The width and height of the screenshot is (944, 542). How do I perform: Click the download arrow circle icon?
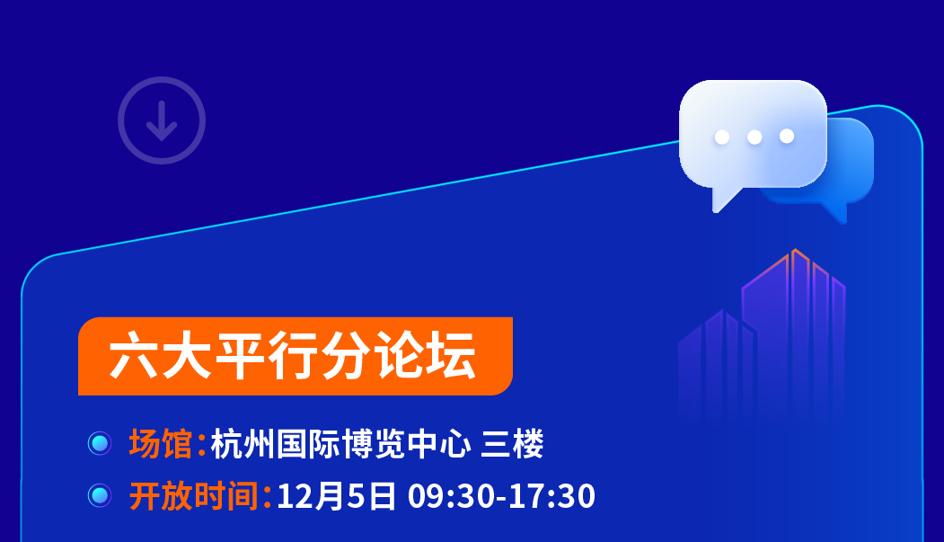pyautogui.click(x=162, y=120)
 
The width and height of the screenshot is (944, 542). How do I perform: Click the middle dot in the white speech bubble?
pyautogui.click(x=754, y=137)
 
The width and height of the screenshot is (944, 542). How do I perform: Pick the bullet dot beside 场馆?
pyautogui.click(x=100, y=444)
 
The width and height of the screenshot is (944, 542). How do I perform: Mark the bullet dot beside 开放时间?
pyautogui.click(x=100, y=495)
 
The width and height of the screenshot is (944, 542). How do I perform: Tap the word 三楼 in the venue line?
pyautogui.click(x=512, y=444)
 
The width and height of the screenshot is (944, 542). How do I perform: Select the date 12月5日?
pyautogui.click(x=336, y=495)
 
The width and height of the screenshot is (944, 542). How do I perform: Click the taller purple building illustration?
pyautogui.click(x=794, y=333)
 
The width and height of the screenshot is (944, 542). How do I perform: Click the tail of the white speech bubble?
pyautogui.click(x=724, y=198)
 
